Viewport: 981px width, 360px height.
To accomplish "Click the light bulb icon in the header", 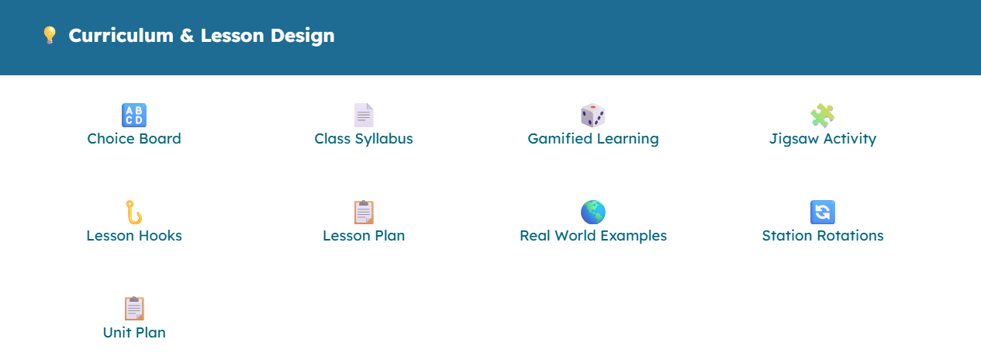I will click(49, 35).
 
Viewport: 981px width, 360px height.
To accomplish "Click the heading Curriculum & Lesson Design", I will click(202, 35).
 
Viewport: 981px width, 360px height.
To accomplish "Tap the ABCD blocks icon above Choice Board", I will click(134, 116).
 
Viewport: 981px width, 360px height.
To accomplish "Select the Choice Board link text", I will click(134, 139).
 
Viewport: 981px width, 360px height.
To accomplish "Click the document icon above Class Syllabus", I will click(364, 116).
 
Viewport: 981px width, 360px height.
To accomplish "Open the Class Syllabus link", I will click(364, 139).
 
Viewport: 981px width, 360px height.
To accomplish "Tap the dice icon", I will click(592, 116).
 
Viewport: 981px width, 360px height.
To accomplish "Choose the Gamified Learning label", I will click(593, 139).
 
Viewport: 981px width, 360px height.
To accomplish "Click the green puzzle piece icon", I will click(823, 116).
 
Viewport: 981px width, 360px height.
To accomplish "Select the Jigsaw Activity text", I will click(823, 139).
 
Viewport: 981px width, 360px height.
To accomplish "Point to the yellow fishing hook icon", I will click(134, 212).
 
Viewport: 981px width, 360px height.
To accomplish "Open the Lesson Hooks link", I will click(134, 235).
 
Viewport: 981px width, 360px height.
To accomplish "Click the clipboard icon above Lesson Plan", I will click(364, 212).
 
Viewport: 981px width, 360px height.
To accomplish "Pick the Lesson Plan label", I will click(364, 235).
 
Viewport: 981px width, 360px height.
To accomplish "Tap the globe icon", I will click(593, 212).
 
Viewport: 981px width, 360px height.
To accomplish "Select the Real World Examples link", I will click(593, 235).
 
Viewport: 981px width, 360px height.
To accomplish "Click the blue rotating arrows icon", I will click(823, 212).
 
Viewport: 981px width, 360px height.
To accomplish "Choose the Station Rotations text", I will click(823, 235).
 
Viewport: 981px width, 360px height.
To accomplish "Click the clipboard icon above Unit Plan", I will click(134, 308).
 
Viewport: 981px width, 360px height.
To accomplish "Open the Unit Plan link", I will click(134, 332).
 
